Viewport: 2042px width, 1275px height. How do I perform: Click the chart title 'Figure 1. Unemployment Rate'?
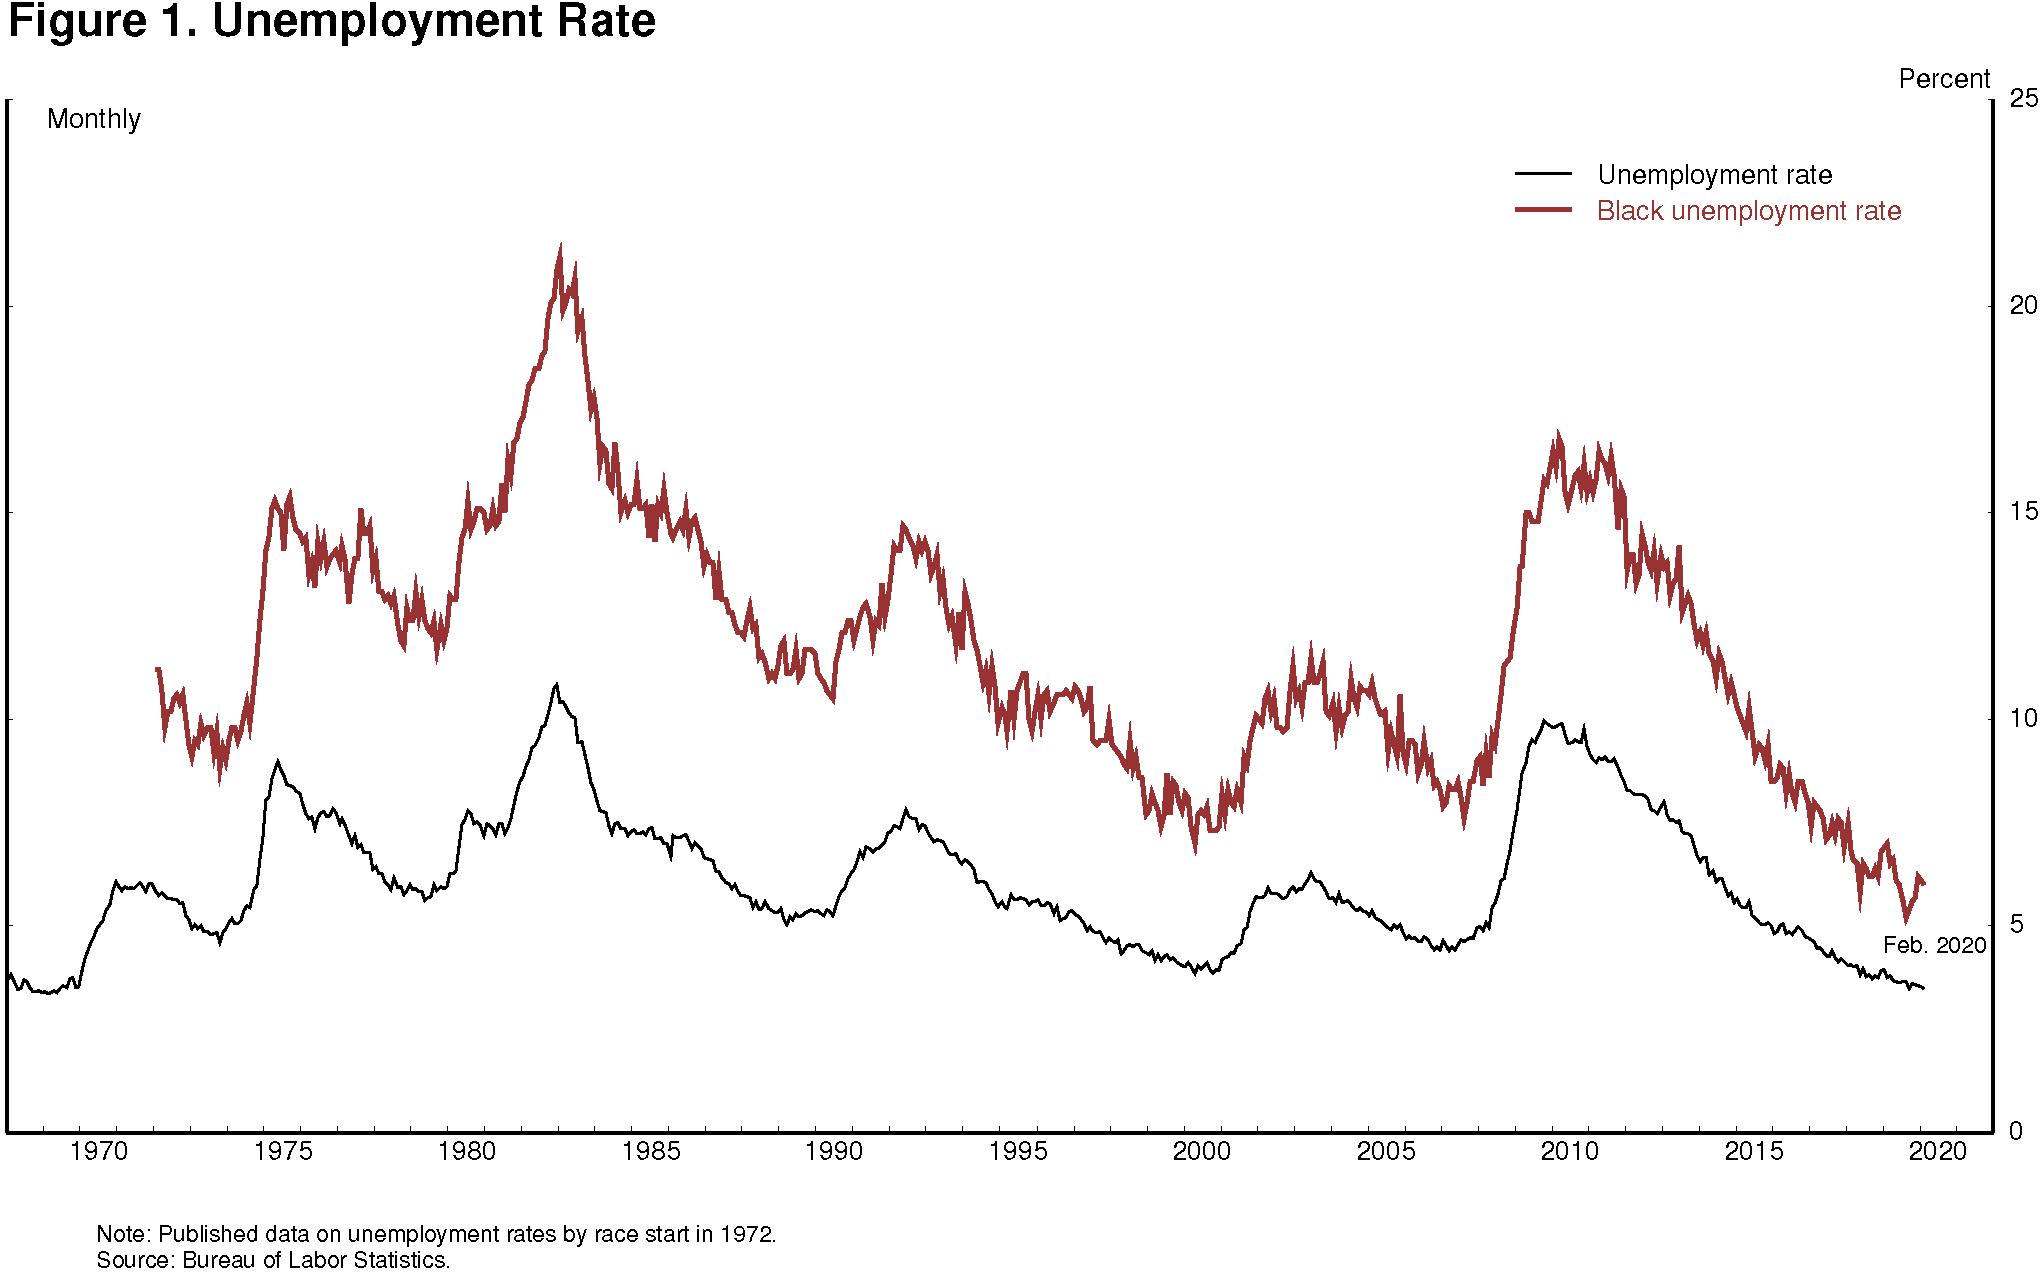(x=331, y=22)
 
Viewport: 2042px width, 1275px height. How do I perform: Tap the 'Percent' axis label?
(x=1943, y=79)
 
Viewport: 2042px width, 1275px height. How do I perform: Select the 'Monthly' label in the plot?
(x=94, y=119)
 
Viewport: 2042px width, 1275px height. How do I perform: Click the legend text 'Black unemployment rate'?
(x=1748, y=211)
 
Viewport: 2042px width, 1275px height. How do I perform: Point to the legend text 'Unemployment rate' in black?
(x=1714, y=175)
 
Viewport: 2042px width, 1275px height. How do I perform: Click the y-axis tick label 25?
(x=2023, y=98)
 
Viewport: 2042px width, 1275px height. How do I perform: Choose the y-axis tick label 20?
(x=2023, y=305)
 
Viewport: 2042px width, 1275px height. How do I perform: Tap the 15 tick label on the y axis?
(x=2023, y=511)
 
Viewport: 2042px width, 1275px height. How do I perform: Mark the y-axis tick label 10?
(x=2023, y=718)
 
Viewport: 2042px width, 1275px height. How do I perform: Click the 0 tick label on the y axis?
(x=2016, y=1131)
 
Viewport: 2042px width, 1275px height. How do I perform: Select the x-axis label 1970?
(x=99, y=1152)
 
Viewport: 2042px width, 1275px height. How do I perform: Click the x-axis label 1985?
(x=650, y=1152)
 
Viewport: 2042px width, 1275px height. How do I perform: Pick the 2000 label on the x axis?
(x=1201, y=1152)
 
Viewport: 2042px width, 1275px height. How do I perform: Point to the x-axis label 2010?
(x=1569, y=1152)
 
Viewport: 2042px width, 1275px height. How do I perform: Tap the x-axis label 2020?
(x=1937, y=1152)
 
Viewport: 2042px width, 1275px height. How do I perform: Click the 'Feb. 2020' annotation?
(x=1934, y=946)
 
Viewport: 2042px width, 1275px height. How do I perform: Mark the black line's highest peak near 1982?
(x=556, y=685)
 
